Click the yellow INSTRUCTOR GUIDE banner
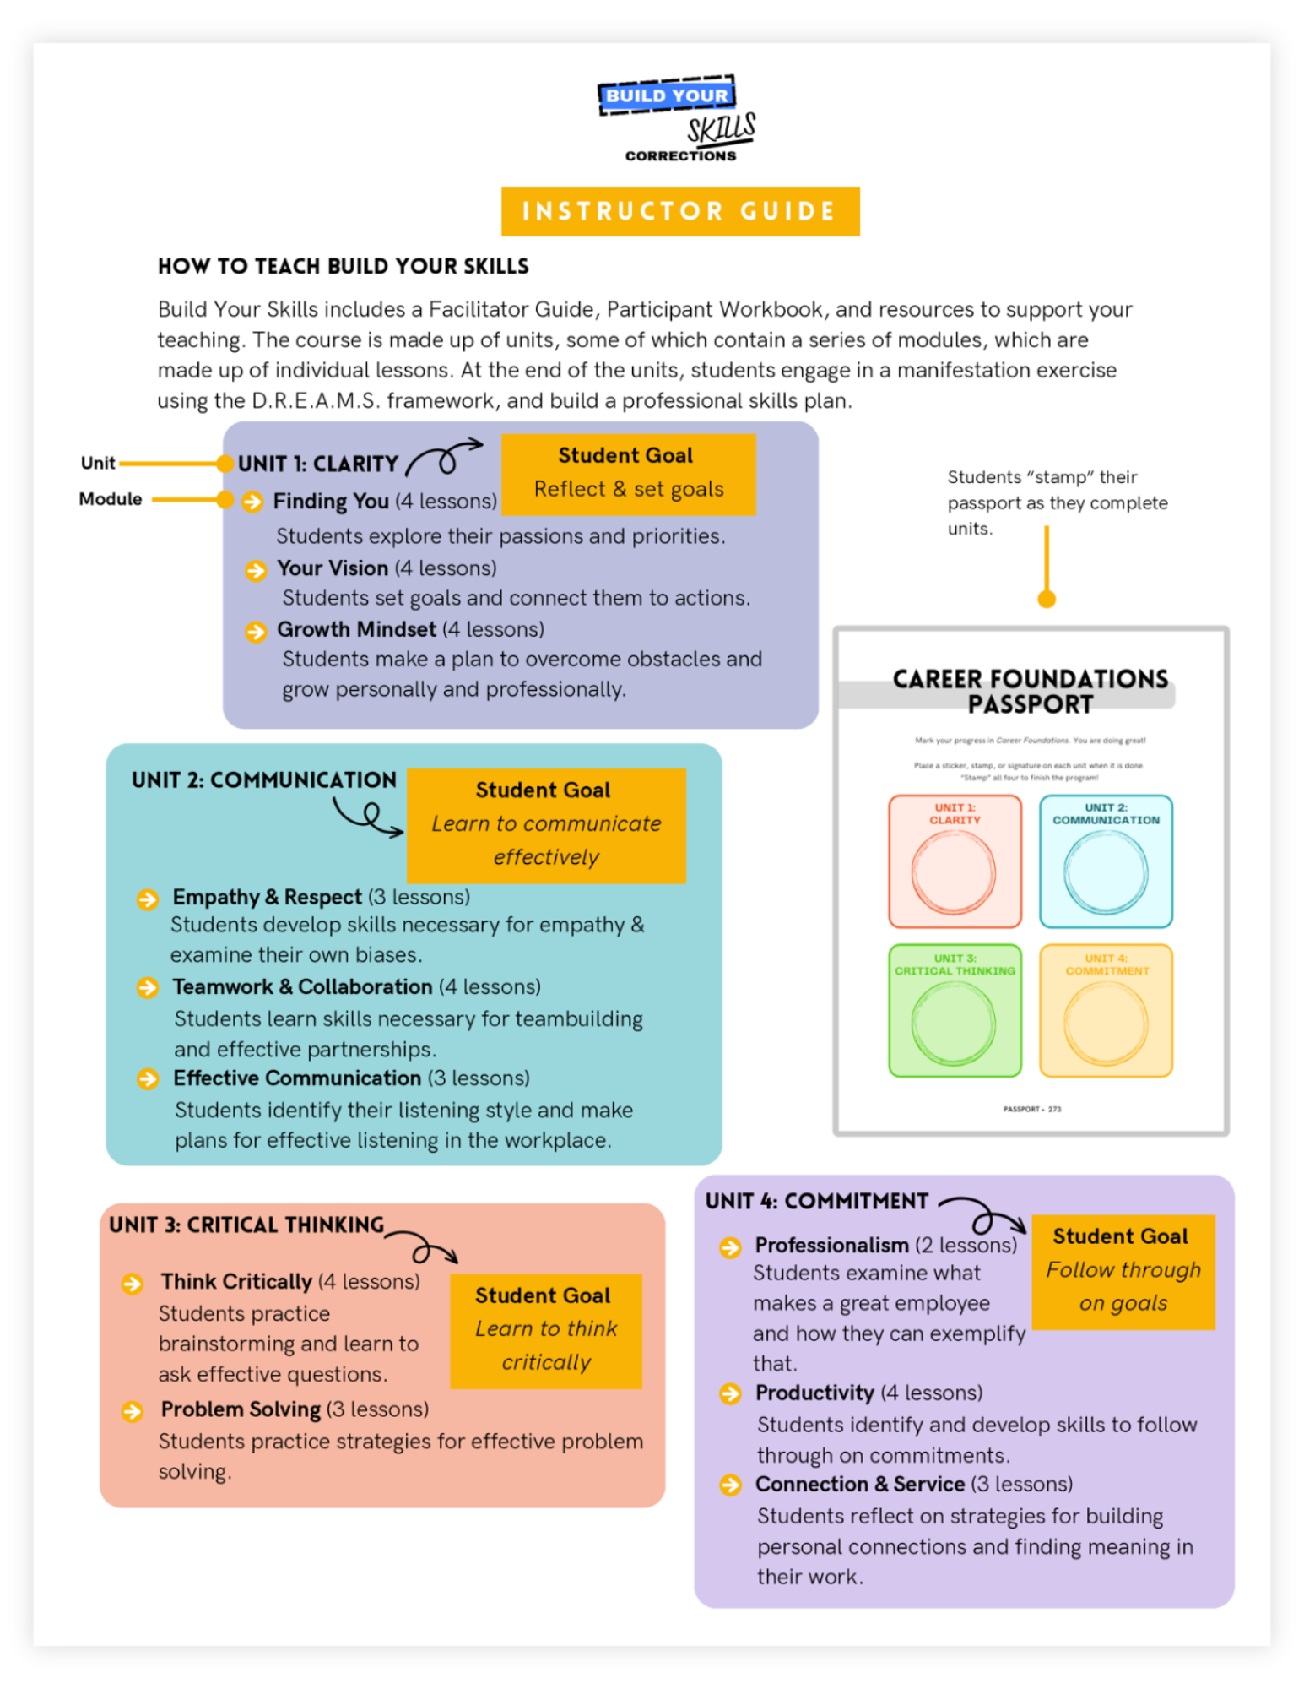(680, 211)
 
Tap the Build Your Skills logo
(678, 119)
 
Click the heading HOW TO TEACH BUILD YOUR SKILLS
(343, 267)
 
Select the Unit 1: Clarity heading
(317, 464)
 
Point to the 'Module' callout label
(111, 499)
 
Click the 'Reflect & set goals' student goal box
(629, 474)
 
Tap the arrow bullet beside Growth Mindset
(256, 632)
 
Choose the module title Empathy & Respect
(267, 897)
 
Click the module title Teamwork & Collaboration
(302, 987)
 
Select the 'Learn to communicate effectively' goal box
(546, 825)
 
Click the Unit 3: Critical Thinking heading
(246, 1225)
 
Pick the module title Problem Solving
(241, 1409)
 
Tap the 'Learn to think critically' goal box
(546, 1330)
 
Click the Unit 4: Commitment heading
(816, 1202)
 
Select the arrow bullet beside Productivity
(730, 1393)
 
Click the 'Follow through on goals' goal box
(1123, 1272)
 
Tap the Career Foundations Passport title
(1030, 692)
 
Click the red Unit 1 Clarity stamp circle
(954, 873)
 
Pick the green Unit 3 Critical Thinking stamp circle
(954, 1024)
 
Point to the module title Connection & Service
(859, 1485)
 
